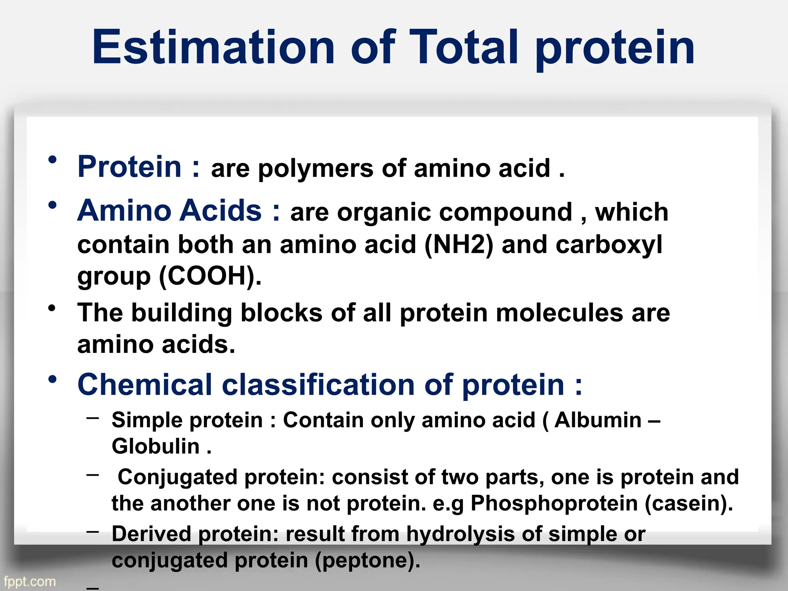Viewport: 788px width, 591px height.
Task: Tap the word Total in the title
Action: [464, 48]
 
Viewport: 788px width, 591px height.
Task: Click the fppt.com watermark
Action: [30, 581]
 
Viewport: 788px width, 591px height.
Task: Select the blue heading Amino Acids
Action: [169, 211]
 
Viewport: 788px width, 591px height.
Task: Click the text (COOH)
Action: [207, 276]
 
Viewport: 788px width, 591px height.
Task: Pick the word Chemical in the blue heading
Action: [145, 385]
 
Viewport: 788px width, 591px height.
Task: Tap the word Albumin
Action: [598, 420]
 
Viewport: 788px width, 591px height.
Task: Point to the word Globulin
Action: [156, 446]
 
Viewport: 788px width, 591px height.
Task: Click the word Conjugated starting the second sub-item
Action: [177, 477]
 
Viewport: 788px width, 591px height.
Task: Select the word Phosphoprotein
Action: [554, 503]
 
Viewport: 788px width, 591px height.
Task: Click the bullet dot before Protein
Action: [53, 160]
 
